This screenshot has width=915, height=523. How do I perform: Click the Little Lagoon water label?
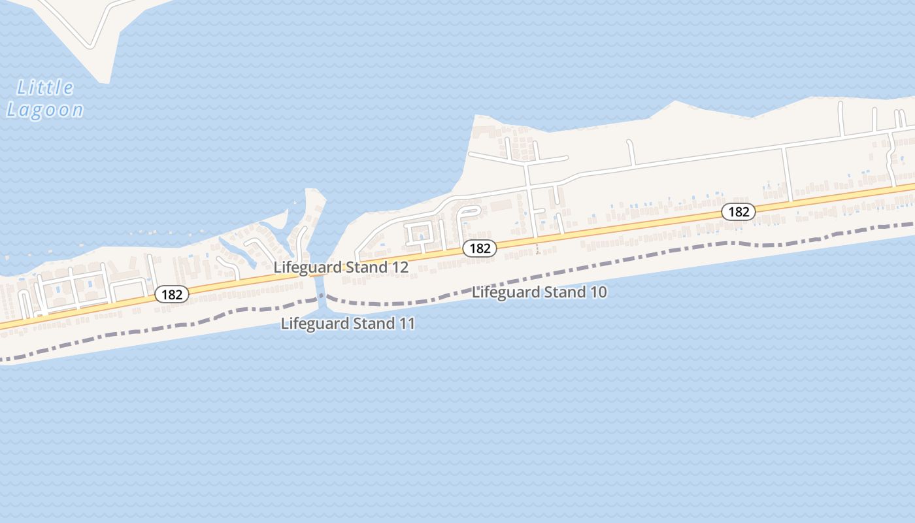point(45,98)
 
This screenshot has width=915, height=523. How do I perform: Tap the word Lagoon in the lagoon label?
point(45,109)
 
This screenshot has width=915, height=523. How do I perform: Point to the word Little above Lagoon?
point(45,87)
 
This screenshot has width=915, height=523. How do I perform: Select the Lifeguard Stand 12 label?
point(341,267)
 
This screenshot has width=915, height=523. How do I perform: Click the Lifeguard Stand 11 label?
point(348,323)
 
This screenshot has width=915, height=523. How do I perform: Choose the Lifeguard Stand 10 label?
point(539,292)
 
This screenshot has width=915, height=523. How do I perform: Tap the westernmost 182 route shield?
point(172,294)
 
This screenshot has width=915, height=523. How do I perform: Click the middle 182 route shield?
point(480,248)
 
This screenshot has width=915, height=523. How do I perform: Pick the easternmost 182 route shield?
point(739,212)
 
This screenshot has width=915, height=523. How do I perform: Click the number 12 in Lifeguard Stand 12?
point(401,267)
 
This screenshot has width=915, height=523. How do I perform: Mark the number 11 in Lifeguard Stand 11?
point(407,323)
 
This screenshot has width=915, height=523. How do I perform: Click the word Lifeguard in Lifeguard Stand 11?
point(310,323)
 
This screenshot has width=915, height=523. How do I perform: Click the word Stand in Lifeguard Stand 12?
point(367,267)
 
